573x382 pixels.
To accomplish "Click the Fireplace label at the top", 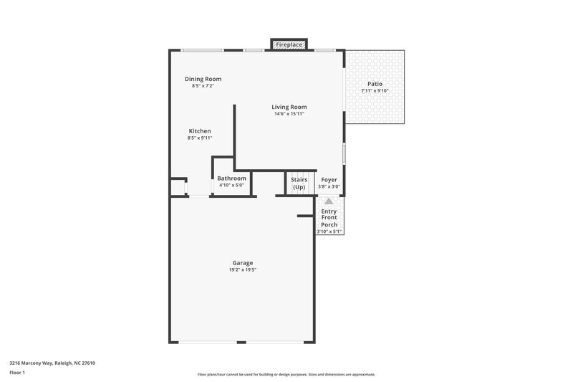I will tap(289, 45).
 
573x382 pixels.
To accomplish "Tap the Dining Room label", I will tap(203, 79).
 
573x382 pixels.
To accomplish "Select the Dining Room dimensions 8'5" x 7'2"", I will tap(203, 86).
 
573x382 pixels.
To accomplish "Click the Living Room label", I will tap(289, 107).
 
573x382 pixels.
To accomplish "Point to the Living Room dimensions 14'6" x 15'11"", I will tap(289, 114).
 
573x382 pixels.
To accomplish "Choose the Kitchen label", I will tap(200, 130).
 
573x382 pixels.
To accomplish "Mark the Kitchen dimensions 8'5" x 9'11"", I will tap(200, 138).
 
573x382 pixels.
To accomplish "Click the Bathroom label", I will tap(231, 178).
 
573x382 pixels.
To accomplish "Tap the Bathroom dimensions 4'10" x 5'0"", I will tap(231, 185).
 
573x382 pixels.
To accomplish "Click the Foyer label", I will tap(329, 179).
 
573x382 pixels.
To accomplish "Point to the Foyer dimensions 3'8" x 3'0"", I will tap(329, 186).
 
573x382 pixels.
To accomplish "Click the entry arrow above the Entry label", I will tap(329, 202).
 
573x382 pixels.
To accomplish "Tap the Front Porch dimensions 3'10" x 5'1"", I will tap(329, 231).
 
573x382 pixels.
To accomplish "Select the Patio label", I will tap(375, 84).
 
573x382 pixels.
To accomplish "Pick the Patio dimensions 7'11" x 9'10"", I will tap(375, 90).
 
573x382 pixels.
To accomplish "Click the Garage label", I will tap(242, 262).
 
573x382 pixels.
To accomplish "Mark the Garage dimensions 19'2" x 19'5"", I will tap(242, 269).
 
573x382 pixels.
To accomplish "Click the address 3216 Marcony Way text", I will tap(52, 363).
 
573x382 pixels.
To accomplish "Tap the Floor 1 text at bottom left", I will tap(17, 373).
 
